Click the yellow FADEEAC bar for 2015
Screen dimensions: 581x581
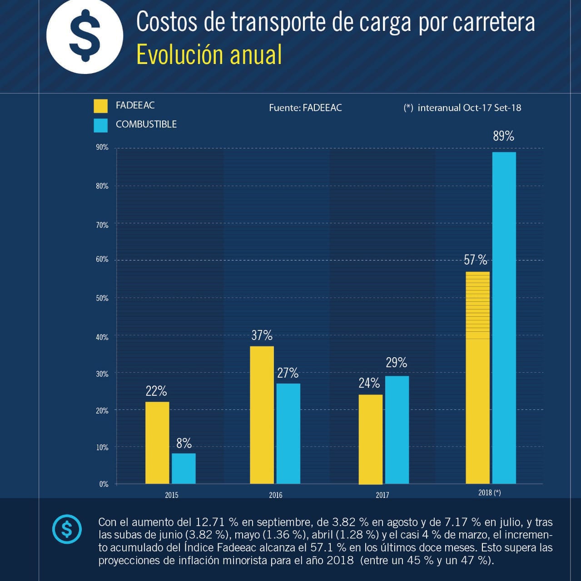(157, 443)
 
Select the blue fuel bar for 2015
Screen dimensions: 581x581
(184, 468)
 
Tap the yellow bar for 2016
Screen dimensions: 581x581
(262, 415)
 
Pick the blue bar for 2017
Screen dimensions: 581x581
(397, 429)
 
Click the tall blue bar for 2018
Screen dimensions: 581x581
(504, 318)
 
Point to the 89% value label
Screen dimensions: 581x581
(503, 136)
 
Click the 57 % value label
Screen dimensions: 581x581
(475, 260)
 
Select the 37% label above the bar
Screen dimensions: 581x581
(262, 335)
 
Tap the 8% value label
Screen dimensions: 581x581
(184, 443)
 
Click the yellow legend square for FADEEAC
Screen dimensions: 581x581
(101, 106)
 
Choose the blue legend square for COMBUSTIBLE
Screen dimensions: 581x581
(101, 125)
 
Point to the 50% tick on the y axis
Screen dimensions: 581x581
(102, 298)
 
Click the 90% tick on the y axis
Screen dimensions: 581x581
(102, 148)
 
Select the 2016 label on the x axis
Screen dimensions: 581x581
(275, 495)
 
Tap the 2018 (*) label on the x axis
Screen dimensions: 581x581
(489, 493)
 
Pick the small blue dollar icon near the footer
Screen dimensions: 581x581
(67, 529)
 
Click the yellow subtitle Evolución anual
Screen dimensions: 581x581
(209, 55)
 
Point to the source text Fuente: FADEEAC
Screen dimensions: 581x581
(305, 108)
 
